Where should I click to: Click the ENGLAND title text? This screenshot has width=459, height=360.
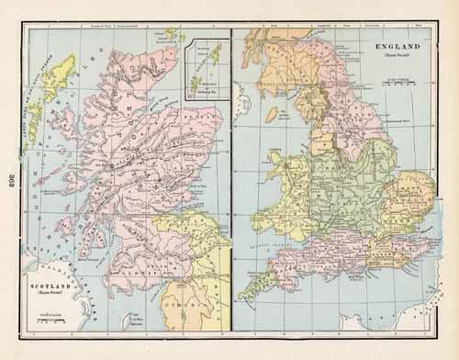(x=398, y=45)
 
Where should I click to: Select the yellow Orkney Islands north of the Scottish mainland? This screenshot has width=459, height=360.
(x=168, y=37)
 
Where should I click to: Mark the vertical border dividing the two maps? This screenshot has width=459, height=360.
(x=231, y=184)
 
